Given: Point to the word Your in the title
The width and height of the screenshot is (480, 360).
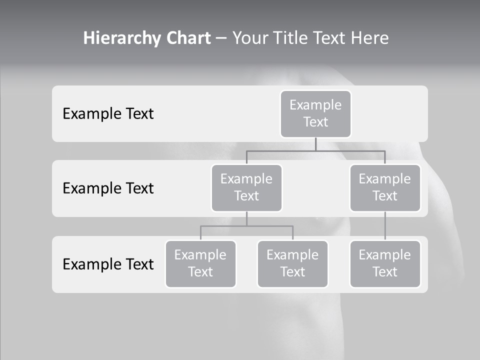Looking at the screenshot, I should click(251, 38).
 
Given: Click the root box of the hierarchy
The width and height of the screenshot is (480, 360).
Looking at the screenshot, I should click(315, 114).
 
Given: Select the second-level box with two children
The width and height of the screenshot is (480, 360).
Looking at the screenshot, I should click(246, 188).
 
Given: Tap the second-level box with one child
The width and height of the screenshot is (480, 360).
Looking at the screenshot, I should click(385, 188).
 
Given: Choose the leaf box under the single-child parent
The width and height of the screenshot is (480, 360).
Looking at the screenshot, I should click(385, 264).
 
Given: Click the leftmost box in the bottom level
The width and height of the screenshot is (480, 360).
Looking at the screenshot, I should click(200, 264).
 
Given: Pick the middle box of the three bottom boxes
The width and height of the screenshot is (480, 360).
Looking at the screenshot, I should click(292, 264).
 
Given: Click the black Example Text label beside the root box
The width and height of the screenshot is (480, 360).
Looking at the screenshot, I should click(108, 114).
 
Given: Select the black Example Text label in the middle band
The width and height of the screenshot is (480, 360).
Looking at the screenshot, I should click(108, 188).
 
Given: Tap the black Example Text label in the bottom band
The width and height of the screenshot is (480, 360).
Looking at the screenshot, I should click(108, 264).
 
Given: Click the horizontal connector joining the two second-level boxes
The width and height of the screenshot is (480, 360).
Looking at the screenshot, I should click(315, 150).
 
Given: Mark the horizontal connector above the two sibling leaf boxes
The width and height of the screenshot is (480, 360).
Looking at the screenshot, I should click(246, 226).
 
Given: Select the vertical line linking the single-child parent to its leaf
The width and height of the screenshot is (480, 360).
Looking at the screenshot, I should click(385, 226).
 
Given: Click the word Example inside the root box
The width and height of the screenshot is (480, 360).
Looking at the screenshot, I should click(315, 105).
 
